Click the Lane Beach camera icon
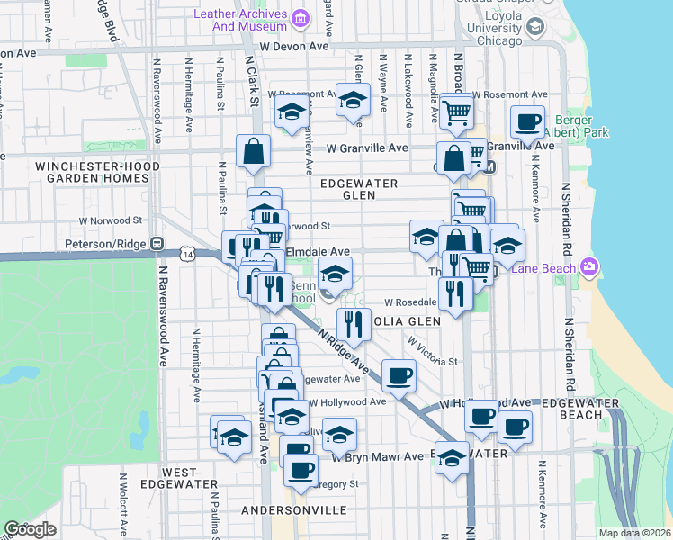coord(589,265)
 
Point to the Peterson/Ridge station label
coord(107,243)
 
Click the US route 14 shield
coord(187,256)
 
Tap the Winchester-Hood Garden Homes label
coord(97,172)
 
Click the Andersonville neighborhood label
coord(294,510)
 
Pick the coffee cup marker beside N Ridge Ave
coord(398,376)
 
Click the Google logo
coord(31,529)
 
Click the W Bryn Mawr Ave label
coord(377,456)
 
